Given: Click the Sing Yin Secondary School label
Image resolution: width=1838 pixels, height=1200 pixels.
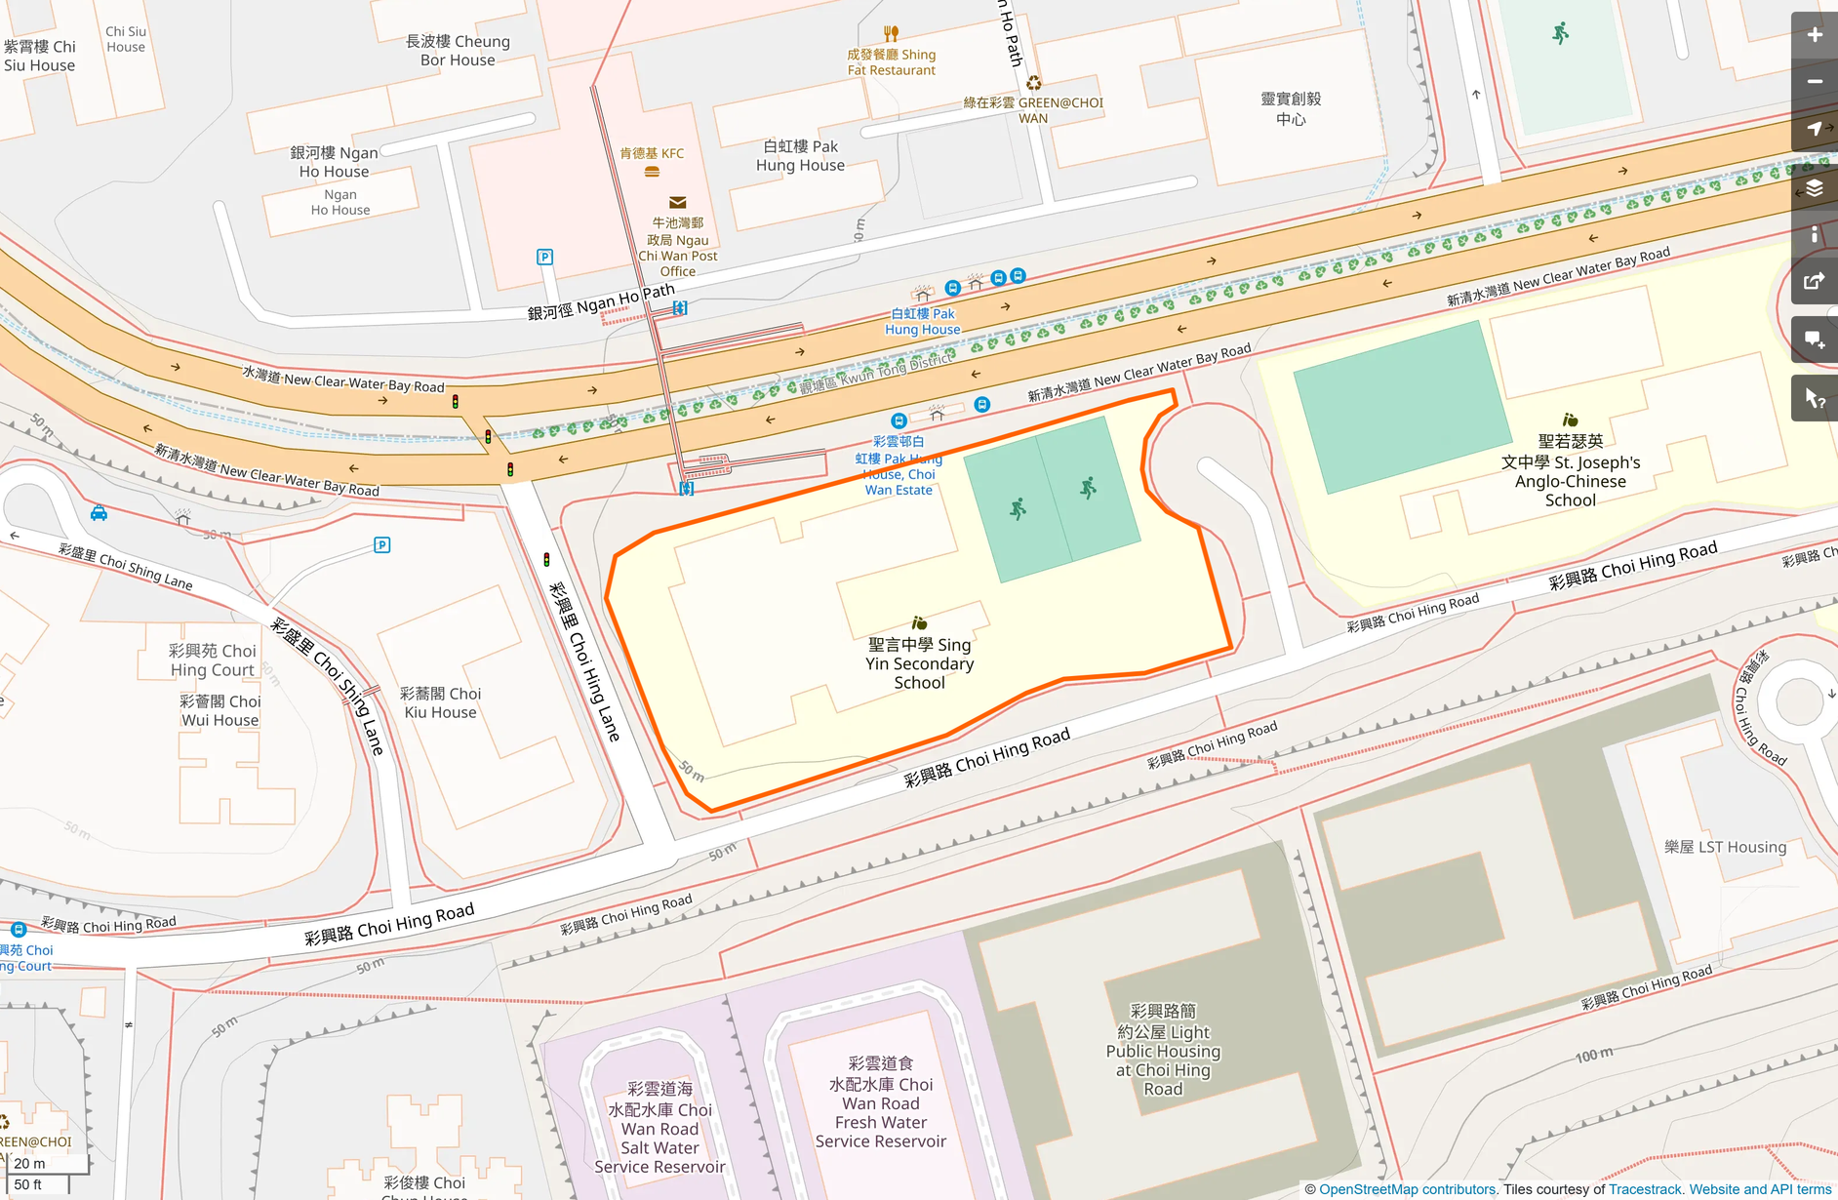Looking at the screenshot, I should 919,663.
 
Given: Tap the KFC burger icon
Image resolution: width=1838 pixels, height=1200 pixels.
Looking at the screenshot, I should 652,172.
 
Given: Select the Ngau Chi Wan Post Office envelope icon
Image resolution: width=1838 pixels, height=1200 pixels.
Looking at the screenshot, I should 677,203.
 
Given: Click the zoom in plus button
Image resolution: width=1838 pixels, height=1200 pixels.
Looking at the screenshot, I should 1814,35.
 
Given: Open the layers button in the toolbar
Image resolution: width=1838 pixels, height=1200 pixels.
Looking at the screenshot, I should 1814,187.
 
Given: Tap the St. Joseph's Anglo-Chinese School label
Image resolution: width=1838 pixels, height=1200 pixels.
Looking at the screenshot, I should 1570,471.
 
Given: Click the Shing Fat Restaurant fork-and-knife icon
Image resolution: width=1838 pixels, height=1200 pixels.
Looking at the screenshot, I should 891,34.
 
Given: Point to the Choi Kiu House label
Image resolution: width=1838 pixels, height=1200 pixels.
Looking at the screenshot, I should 440,702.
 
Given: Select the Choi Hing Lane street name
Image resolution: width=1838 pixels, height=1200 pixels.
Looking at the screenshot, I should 584,661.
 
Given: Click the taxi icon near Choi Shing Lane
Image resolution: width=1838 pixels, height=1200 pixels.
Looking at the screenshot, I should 99,513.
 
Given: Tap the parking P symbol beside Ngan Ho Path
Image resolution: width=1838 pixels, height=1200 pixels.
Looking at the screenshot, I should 544,258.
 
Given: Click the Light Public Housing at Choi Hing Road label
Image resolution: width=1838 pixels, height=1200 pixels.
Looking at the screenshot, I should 1163,1051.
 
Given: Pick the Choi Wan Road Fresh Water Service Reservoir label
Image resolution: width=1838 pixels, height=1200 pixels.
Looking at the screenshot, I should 880,1102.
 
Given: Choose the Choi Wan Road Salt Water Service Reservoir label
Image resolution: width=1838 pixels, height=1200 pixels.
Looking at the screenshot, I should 659,1128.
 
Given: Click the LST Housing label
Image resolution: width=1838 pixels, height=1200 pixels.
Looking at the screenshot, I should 1725,847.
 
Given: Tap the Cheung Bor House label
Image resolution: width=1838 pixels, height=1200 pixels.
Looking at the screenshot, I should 458,51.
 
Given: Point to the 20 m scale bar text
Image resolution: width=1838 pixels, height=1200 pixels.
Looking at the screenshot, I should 29,1163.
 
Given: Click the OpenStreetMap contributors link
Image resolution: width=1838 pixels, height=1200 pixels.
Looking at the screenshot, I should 1407,1189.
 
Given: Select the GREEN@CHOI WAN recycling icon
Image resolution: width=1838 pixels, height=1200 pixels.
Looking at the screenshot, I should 1033,84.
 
